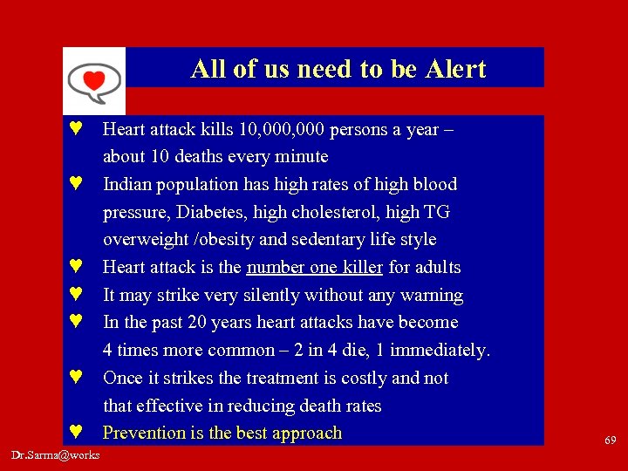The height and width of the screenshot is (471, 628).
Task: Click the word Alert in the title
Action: coord(454,69)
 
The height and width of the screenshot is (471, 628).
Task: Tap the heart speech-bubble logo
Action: coord(93,81)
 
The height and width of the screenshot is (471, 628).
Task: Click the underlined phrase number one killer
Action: coord(315,267)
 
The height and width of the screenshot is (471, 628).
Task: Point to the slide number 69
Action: coord(611,440)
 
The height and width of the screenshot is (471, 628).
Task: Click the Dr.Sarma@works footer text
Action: coord(56,455)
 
